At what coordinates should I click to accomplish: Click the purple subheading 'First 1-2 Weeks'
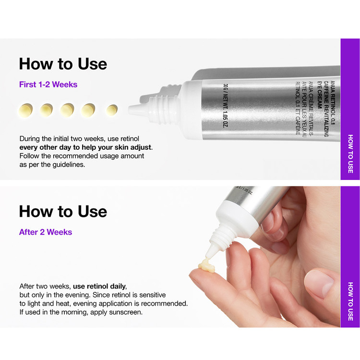48,84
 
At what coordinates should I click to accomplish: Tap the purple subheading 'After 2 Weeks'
46,232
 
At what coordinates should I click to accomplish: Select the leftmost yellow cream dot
26,110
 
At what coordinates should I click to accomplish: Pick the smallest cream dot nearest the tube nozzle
112,110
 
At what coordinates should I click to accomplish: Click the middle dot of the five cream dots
67,110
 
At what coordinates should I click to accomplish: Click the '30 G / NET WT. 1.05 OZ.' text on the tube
225,106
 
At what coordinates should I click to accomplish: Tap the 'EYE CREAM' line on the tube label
319,95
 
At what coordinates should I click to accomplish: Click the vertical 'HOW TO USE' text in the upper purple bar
350,154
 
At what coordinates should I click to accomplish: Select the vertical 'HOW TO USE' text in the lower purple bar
350,301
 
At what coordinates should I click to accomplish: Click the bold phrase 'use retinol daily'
99,286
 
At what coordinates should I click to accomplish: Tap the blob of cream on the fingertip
207,266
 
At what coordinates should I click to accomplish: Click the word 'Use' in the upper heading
92,64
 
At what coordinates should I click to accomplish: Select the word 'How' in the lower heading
36,211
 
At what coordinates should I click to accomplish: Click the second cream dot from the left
47,110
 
